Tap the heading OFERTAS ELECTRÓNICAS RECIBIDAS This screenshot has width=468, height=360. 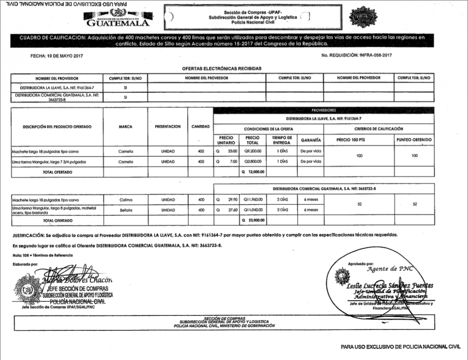[222, 68]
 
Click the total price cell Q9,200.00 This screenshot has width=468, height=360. [253, 151]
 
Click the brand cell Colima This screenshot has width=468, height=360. [126, 200]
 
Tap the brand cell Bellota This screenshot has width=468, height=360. [126, 210]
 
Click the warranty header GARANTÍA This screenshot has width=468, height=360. [311, 140]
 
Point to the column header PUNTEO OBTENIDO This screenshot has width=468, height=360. [414, 140]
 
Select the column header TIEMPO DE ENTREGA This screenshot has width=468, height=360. [282, 140]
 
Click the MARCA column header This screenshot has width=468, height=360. [126, 127]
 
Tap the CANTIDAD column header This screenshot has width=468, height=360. [200, 127]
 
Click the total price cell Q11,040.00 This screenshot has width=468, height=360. [253, 210]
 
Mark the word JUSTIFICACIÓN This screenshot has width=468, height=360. [29, 236]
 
